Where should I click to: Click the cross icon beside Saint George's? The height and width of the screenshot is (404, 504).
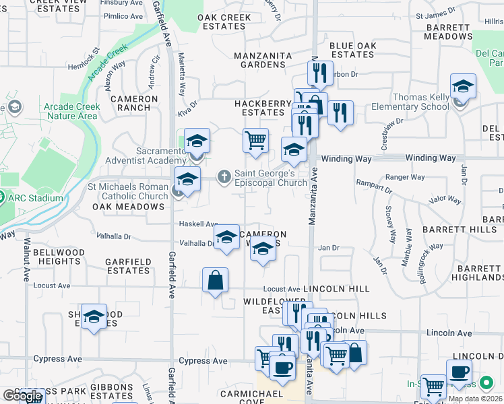point(224,176)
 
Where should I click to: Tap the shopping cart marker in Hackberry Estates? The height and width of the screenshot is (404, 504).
point(255,141)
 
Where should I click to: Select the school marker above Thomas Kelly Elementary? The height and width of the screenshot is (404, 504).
point(463,87)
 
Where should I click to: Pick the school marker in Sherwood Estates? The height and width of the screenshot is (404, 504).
point(94,316)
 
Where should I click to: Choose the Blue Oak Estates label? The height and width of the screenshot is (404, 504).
point(352,50)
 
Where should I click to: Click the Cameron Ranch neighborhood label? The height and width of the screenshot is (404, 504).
point(134,103)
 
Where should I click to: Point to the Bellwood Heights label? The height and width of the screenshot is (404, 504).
point(59,257)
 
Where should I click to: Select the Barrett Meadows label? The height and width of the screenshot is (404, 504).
point(449,32)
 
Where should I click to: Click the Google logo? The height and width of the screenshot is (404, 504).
point(22,397)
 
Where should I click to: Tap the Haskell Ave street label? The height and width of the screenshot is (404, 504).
point(198,224)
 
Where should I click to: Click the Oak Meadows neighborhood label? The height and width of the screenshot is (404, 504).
point(128,207)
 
